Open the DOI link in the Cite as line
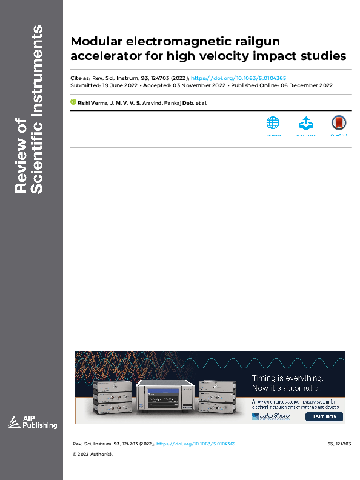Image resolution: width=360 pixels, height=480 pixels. tap(238, 78)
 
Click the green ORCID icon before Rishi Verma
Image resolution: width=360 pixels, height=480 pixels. tap(73, 103)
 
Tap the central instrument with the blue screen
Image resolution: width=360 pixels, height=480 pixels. tap(165, 396)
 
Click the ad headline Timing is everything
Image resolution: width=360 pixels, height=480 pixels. tap(287, 378)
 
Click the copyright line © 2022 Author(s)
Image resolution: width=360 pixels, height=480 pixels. tap(93, 454)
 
